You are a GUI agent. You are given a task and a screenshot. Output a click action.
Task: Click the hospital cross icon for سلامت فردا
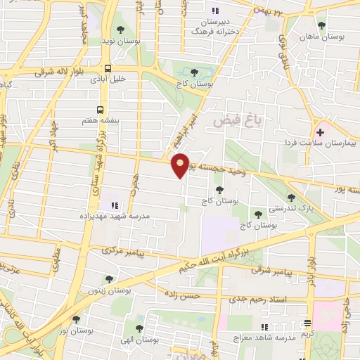click(321, 131)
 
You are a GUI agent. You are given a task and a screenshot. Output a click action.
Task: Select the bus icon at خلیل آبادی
click(108, 69)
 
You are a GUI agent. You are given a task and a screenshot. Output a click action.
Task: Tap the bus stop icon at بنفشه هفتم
click(101, 110)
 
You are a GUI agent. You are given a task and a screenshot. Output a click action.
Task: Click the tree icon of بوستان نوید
click(120, 30)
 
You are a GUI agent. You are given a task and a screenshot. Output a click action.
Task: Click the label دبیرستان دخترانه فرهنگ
click(215, 26)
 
